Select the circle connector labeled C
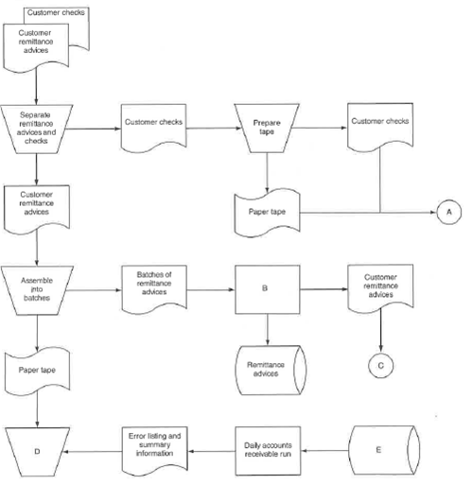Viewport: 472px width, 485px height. point(380,362)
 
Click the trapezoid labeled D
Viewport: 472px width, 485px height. point(37,453)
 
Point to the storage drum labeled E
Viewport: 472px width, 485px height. point(378,451)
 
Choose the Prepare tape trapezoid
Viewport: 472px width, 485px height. point(268,128)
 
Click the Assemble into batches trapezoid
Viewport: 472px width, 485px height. point(37,289)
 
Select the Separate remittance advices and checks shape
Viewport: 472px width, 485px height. point(37,128)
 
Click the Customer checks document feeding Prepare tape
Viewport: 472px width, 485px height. point(153,126)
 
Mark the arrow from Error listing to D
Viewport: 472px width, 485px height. point(94,453)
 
